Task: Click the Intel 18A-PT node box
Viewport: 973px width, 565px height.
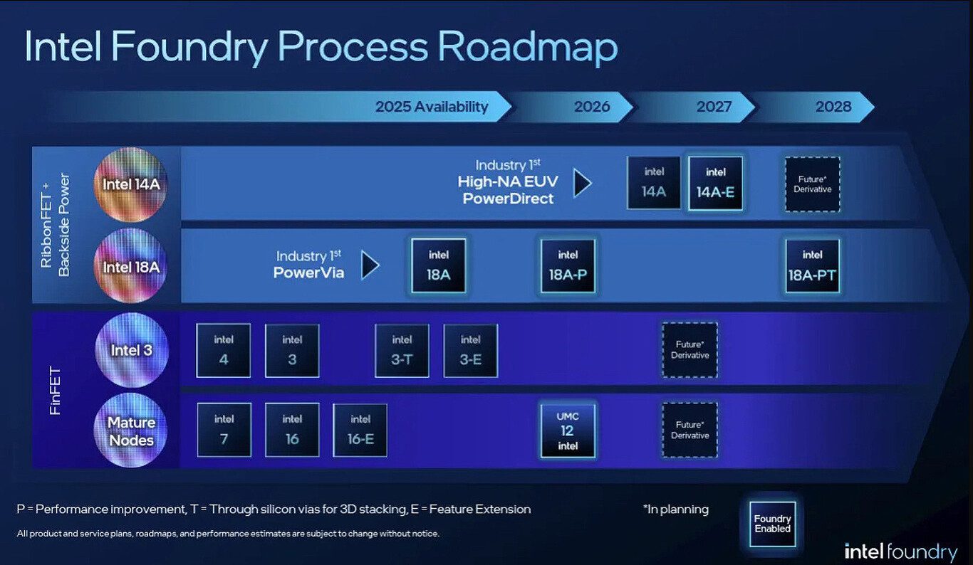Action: click(x=812, y=266)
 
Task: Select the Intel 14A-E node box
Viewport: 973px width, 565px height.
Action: click(x=715, y=184)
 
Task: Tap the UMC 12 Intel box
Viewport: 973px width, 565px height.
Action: click(x=568, y=431)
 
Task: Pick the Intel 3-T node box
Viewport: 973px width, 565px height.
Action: click(x=402, y=351)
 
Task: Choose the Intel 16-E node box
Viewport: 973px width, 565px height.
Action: click(x=360, y=430)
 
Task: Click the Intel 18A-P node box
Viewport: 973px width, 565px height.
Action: click(x=568, y=266)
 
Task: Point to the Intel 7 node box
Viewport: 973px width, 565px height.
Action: click(x=224, y=430)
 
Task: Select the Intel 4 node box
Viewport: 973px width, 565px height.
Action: click(x=223, y=351)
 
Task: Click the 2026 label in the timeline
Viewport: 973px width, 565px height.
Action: click(x=592, y=107)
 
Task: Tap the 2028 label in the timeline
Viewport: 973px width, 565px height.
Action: click(x=833, y=107)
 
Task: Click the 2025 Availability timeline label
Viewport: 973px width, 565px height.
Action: click(x=432, y=107)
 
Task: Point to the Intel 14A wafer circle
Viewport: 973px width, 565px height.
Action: click(x=131, y=184)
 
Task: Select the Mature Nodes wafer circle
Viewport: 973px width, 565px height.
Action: click(x=131, y=431)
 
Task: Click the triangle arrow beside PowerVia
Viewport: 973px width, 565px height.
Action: click(x=370, y=265)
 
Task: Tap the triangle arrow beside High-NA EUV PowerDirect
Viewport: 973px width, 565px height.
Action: click(x=583, y=183)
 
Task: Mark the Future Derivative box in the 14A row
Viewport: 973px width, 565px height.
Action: click(x=812, y=184)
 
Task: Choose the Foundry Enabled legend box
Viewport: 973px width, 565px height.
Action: click(x=772, y=524)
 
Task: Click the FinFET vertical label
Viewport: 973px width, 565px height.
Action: click(x=55, y=391)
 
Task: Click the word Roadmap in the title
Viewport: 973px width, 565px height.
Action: click(x=527, y=48)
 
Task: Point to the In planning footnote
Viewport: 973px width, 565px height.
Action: click(x=676, y=509)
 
